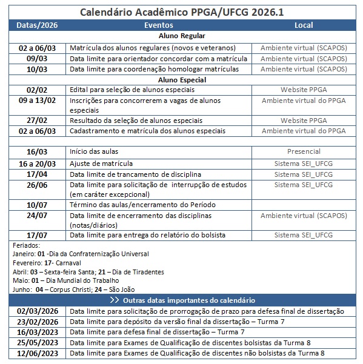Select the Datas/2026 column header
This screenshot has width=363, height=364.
(x=37, y=25)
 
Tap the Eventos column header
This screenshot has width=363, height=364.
(x=159, y=25)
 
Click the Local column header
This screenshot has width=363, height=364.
(x=303, y=25)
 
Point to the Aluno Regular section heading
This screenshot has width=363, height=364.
(x=181, y=36)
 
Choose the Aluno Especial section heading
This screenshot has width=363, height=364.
(x=181, y=79)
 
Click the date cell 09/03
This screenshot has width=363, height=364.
(x=37, y=58)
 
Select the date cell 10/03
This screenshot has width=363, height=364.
(x=37, y=69)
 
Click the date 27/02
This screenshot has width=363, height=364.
(x=37, y=121)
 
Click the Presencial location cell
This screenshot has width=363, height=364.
(x=304, y=151)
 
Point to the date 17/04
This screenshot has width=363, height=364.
(x=37, y=174)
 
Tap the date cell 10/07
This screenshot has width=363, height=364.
(x=37, y=205)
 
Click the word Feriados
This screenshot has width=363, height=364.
(x=26, y=245)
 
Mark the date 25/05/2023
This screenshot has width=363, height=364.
(x=38, y=342)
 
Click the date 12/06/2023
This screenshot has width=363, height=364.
(x=38, y=353)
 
